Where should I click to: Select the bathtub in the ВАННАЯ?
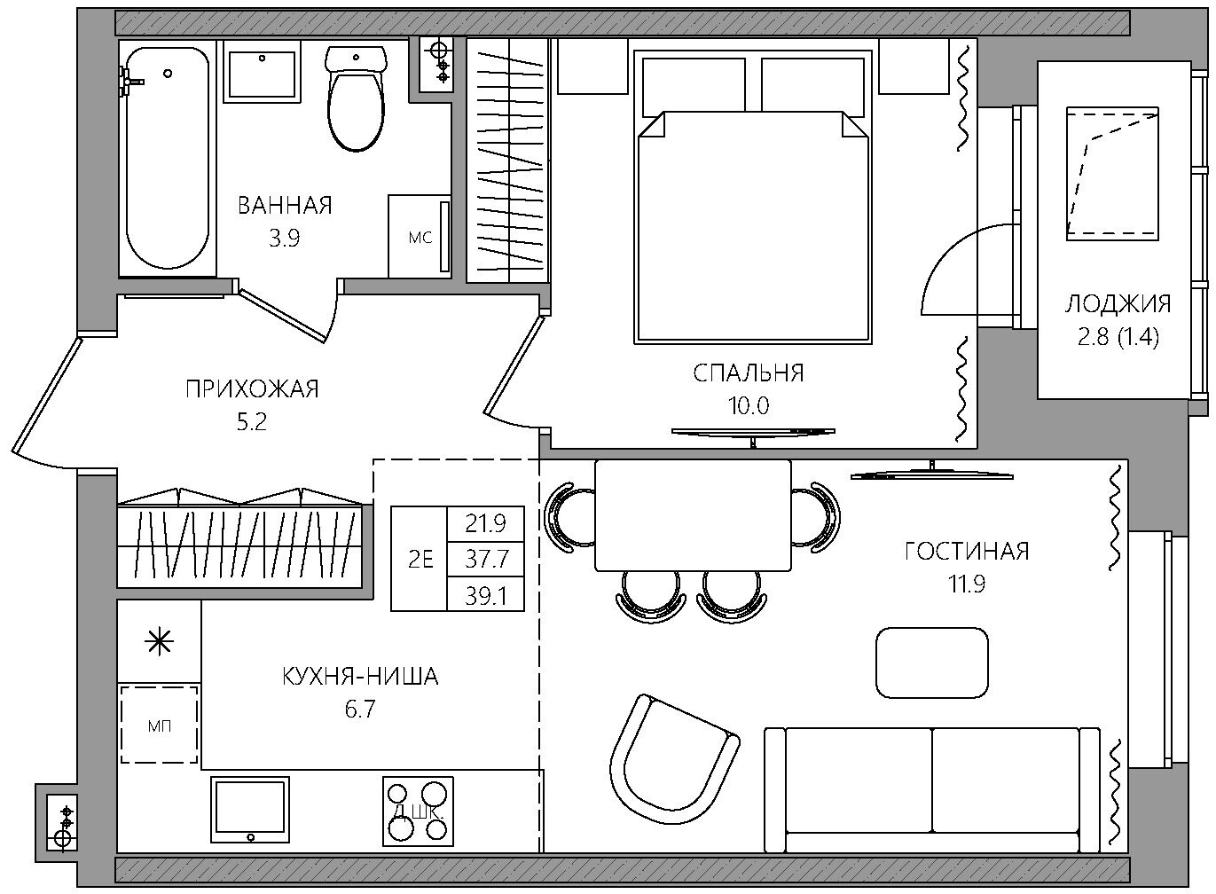[x=167, y=157]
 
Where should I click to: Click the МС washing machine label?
[x=420, y=237]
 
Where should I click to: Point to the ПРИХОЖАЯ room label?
[x=253, y=389]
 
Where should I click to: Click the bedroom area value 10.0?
[x=749, y=405]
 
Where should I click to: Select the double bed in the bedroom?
[x=753, y=197]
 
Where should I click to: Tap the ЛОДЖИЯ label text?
[x=1118, y=304]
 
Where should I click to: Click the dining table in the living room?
[x=693, y=515]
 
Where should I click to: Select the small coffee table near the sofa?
[x=932, y=663]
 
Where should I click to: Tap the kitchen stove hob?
[x=418, y=811]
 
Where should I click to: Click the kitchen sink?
[x=250, y=810]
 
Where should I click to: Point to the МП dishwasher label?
[x=160, y=725]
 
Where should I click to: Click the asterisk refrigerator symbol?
[x=160, y=643]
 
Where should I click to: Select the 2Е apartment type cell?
[x=420, y=559]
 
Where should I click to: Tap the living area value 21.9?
[x=486, y=524]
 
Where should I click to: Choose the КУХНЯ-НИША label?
[x=360, y=677]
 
